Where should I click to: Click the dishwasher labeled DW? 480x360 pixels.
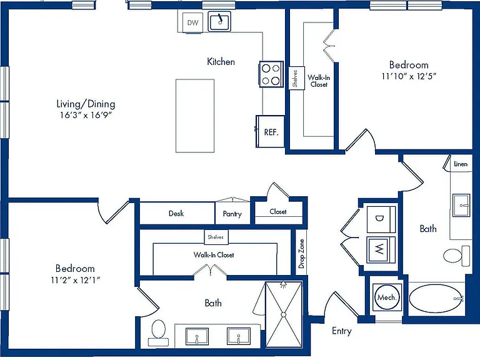coord(192,22)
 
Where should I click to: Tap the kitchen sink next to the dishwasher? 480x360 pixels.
coord(219,21)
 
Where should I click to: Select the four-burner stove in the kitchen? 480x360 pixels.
coord(271,74)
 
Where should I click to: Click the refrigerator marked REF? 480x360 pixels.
coord(270,131)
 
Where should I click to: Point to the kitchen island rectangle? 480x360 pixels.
coord(195,116)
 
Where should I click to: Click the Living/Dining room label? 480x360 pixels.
coord(86,104)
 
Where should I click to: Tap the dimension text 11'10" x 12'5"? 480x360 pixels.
coord(409,76)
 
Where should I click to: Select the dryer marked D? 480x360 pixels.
coord(381,219)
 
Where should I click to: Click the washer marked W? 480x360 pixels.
coord(381,250)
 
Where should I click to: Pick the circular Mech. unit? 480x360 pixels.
coord(387,297)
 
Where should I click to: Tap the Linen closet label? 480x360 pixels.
coord(461,164)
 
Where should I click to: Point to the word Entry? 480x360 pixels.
coord(342,331)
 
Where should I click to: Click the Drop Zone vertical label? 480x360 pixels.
coord(301,254)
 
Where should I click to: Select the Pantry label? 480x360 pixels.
coord(232,214)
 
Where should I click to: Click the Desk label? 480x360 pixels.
coord(176,213)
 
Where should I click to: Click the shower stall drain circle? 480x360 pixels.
coord(284,314)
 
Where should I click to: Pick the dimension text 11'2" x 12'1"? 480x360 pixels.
coord(75,280)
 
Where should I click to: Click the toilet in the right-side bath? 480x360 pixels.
coord(456,256)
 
